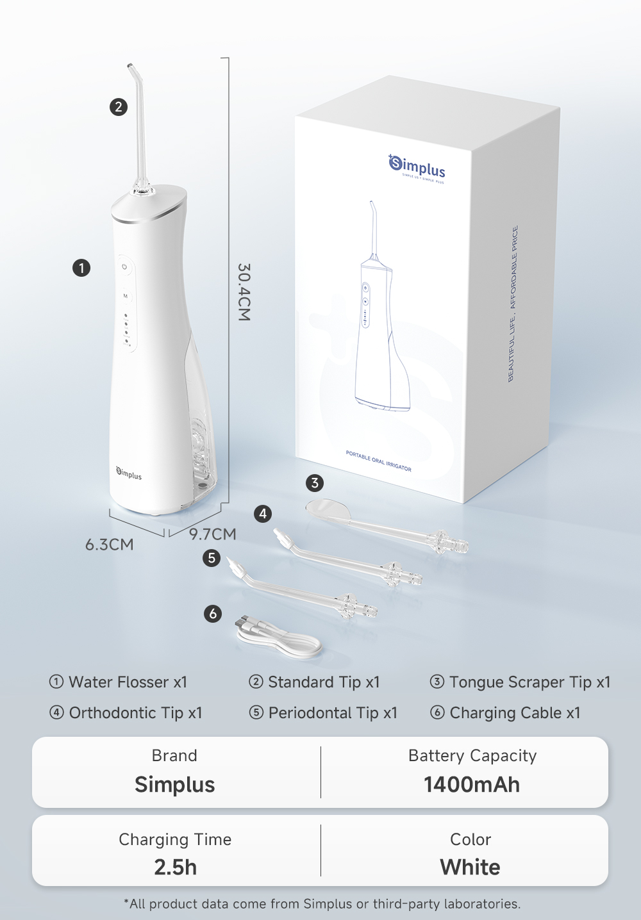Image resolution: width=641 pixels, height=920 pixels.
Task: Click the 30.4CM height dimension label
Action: pyautogui.click(x=244, y=292)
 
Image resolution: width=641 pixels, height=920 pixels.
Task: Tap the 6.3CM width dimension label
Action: pyautogui.click(x=110, y=545)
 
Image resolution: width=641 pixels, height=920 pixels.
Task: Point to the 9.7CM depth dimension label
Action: pyautogui.click(x=213, y=534)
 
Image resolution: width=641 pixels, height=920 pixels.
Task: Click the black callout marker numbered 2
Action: pyautogui.click(x=119, y=107)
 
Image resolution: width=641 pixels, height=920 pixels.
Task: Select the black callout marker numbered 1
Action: pyautogui.click(x=81, y=268)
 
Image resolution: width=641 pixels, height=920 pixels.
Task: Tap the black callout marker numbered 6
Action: pyautogui.click(x=213, y=614)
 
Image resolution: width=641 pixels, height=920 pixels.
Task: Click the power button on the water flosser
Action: pyautogui.click(x=125, y=267)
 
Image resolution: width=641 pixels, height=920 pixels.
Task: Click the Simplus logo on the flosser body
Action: pyautogui.click(x=129, y=473)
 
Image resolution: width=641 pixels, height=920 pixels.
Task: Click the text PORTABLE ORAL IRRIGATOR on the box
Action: pyautogui.click(x=379, y=461)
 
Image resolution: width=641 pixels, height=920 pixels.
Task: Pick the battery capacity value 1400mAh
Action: pyautogui.click(x=472, y=785)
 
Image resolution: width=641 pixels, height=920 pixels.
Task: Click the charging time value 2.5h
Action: pyautogui.click(x=175, y=867)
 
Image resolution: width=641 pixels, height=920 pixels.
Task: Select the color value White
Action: pyautogui.click(x=470, y=867)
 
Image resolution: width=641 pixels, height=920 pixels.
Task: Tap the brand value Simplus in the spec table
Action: pyautogui.click(x=174, y=785)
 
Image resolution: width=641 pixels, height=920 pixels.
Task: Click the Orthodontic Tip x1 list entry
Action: pyautogui.click(x=126, y=713)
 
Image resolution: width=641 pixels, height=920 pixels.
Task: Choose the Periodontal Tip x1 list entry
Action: pyautogui.click(x=324, y=713)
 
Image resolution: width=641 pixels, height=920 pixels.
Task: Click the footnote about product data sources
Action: pyautogui.click(x=322, y=904)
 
